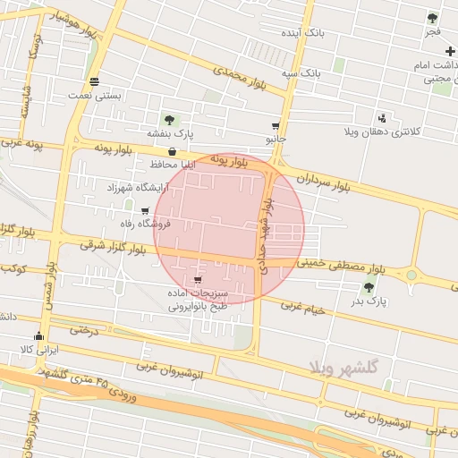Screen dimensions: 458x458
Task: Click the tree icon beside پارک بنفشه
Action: (x=169, y=120)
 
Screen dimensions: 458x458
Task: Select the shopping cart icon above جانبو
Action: (x=276, y=126)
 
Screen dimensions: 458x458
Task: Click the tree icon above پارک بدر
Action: (x=369, y=287)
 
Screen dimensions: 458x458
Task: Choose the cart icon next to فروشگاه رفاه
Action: (x=145, y=211)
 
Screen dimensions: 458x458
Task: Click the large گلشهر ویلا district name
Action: (x=343, y=368)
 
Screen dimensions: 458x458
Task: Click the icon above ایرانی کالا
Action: (x=38, y=336)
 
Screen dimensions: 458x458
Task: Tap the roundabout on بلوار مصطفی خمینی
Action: (x=411, y=275)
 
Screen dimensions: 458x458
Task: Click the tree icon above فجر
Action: (x=433, y=18)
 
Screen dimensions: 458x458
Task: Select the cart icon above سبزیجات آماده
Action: (x=197, y=280)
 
